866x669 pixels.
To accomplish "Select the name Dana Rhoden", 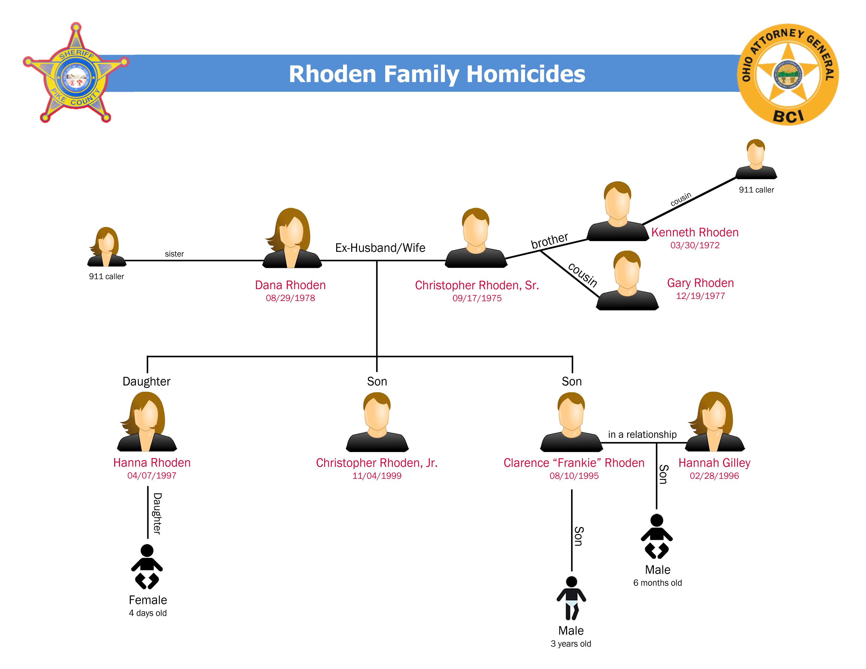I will click(290, 285).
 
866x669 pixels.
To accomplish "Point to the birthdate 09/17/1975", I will click(477, 298).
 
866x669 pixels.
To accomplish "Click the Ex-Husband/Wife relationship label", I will click(380, 248).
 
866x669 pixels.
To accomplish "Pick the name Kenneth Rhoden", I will click(695, 232).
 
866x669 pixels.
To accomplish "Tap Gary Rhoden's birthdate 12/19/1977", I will click(700, 296).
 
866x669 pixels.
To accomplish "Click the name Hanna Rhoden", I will click(152, 463).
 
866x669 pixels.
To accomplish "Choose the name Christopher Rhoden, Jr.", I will click(377, 463).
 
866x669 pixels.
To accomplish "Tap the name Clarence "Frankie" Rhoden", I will click(574, 463).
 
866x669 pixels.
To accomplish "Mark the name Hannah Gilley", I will click(714, 463).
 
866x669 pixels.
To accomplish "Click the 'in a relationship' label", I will click(642, 434).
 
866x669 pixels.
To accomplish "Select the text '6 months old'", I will click(657, 583).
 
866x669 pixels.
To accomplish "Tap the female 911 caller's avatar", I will click(106, 247).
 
